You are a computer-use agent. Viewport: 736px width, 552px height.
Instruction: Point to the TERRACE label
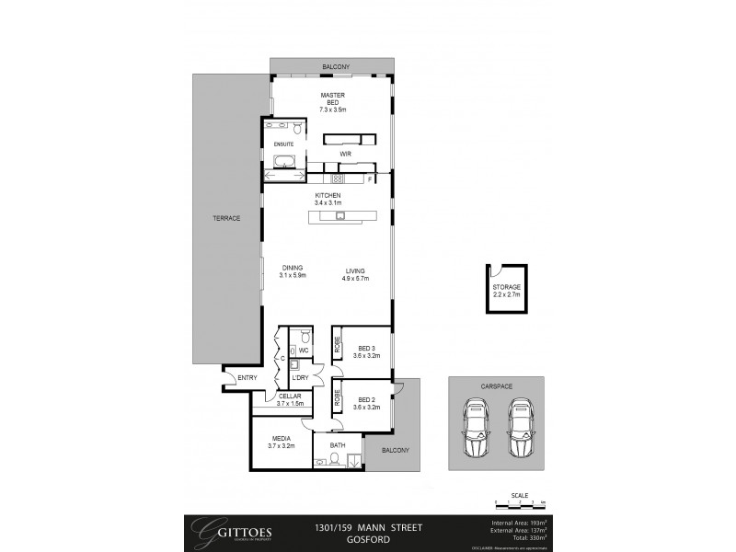[226, 218]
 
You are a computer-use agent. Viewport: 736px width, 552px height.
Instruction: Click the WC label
[303, 351]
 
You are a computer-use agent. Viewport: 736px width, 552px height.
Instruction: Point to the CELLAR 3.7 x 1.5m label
[291, 399]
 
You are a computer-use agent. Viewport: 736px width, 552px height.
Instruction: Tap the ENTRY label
[247, 378]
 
